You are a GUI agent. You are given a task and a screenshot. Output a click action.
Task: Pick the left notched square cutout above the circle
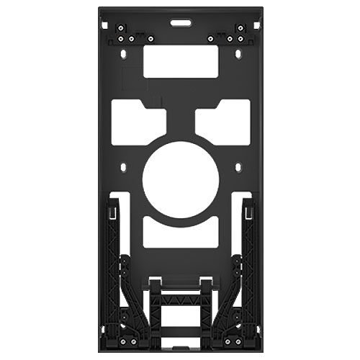point(140,118)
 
